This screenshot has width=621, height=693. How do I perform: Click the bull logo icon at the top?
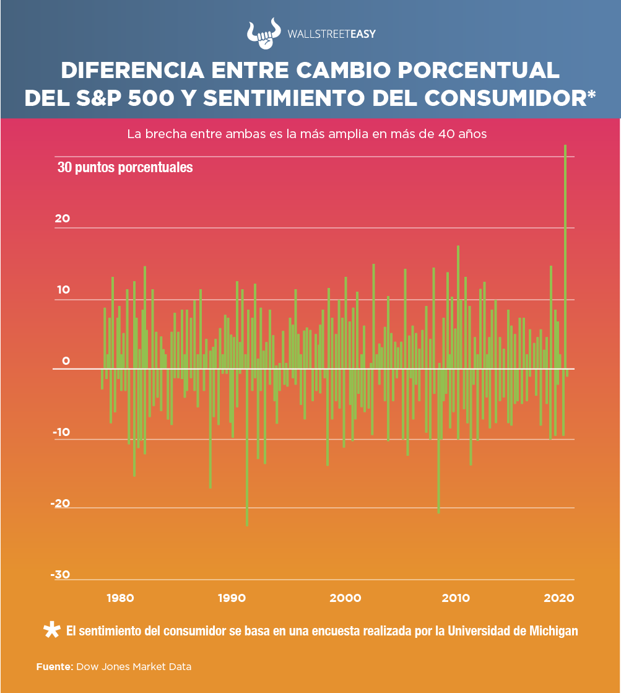[x=263, y=36]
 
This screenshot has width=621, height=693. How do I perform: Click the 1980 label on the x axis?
[x=121, y=598]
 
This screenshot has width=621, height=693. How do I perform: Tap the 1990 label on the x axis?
[x=232, y=598]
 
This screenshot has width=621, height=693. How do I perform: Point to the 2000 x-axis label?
[x=345, y=598]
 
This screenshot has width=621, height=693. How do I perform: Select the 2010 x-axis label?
[x=456, y=598]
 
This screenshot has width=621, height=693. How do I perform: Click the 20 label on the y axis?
[x=63, y=219]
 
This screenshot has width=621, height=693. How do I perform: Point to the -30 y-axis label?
[x=60, y=575]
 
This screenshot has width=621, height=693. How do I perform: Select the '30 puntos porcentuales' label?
[x=125, y=167]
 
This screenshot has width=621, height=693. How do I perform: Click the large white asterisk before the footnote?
[x=52, y=630]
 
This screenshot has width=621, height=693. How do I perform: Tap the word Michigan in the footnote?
[x=554, y=631]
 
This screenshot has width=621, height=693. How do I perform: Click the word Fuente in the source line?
[x=54, y=667]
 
